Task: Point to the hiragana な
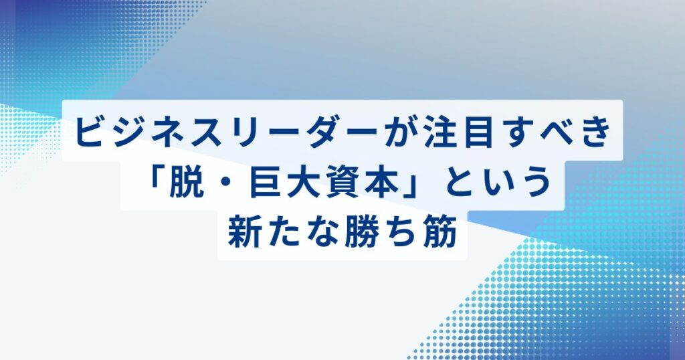click(x=322, y=234)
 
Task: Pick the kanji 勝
click(x=361, y=234)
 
